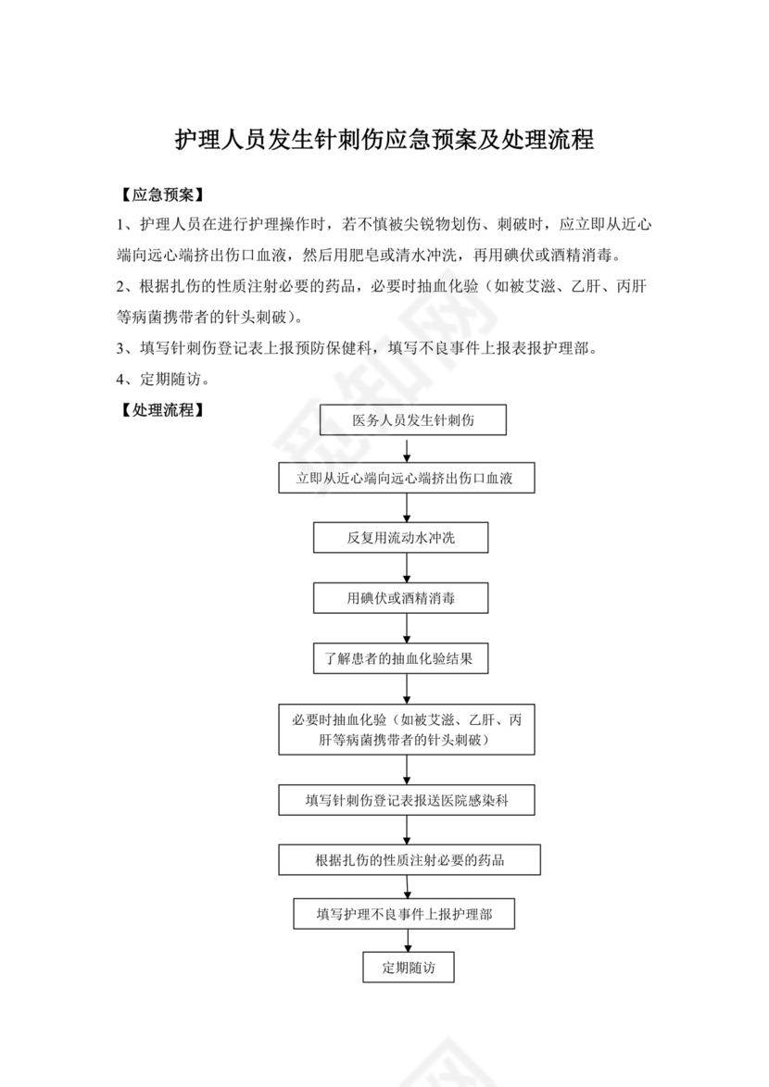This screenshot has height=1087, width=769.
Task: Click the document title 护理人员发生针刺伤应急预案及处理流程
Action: (x=384, y=141)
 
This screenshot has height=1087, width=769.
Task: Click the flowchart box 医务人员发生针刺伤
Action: (x=413, y=419)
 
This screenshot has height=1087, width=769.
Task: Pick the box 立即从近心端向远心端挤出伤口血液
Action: (x=408, y=479)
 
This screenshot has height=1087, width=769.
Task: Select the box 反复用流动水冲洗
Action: (x=401, y=538)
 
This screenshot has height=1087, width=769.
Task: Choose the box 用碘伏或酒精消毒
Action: (x=401, y=598)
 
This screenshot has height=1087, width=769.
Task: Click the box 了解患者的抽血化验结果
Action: (x=401, y=659)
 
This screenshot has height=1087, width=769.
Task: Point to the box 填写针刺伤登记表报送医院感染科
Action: (x=408, y=800)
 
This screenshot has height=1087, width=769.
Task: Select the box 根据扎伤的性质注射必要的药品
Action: (x=410, y=860)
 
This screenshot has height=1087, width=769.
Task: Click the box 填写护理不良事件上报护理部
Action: (x=404, y=914)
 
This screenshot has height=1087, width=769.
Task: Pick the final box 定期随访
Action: (x=408, y=968)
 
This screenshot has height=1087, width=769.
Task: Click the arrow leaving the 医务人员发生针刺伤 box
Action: (x=408, y=449)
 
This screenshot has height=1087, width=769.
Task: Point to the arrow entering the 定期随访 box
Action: (x=408, y=941)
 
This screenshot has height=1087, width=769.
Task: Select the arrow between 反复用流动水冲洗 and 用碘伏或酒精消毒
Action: (x=408, y=568)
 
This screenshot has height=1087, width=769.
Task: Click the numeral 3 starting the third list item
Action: (x=121, y=348)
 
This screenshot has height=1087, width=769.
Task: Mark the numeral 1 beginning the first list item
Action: (x=121, y=224)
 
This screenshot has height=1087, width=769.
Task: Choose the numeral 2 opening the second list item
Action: (x=121, y=287)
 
